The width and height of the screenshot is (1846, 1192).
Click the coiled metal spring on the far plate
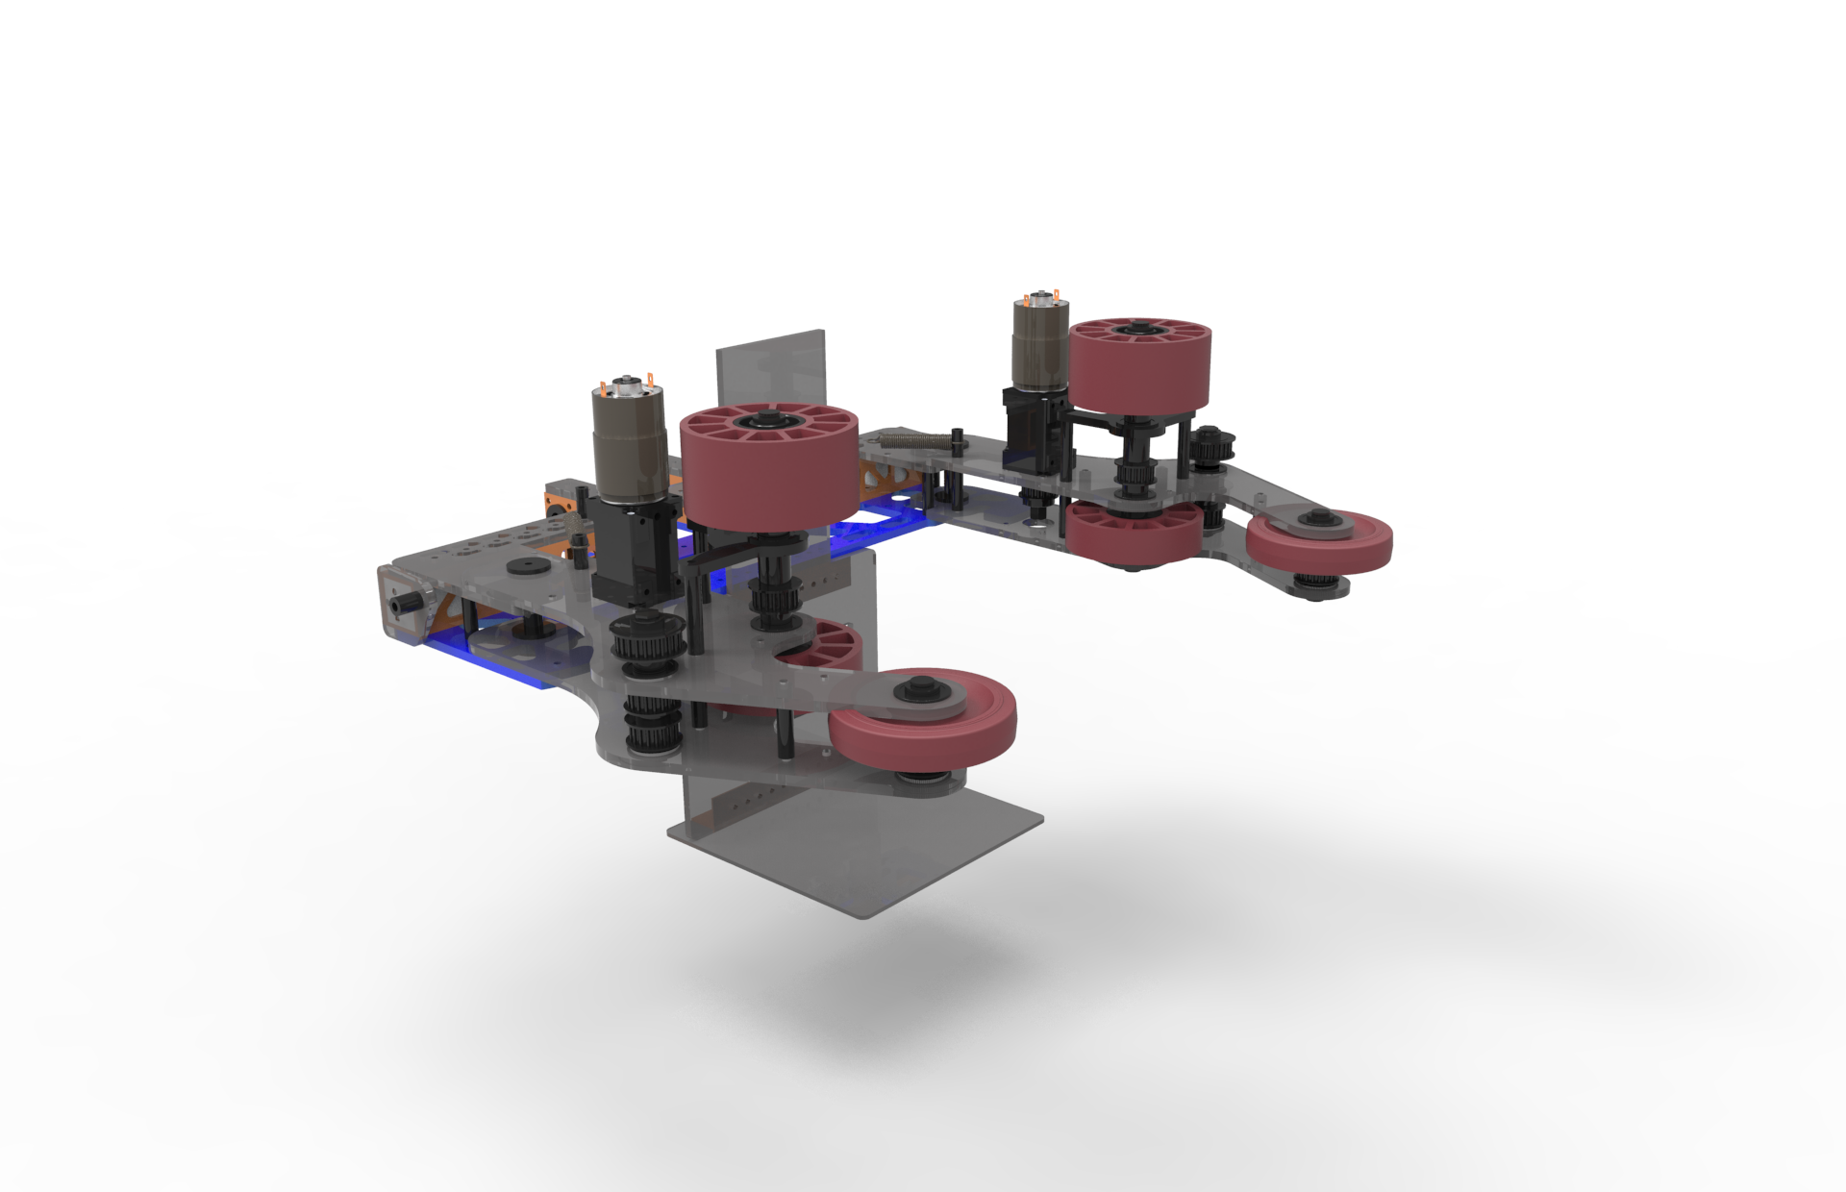[913, 442]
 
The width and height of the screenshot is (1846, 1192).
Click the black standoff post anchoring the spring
[957, 443]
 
